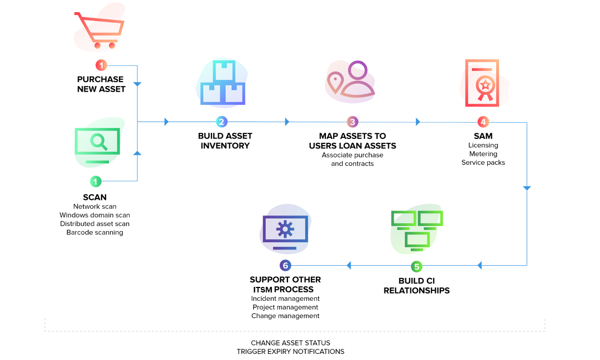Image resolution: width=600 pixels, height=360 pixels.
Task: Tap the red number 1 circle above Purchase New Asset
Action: pos(101,65)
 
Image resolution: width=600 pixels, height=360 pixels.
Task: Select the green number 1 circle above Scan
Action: pos(96,181)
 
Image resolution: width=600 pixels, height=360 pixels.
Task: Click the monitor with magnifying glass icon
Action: pos(98,143)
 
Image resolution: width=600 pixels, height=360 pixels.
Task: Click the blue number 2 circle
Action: pos(222,122)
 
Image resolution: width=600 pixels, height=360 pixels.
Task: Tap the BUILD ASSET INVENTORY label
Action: pos(225,141)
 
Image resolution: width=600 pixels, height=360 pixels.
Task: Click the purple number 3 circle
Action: pos(352,122)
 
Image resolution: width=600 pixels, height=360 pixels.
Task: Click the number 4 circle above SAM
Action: pos(483,122)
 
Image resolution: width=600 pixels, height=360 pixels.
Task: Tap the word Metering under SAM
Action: pos(483,154)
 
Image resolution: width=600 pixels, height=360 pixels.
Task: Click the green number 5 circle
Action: pos(417,266)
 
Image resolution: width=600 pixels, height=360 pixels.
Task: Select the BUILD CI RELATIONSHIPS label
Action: pos(416,286)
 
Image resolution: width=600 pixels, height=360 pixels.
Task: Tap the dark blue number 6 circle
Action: pos(285,266)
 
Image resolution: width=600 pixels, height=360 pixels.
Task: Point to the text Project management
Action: pos(285,307)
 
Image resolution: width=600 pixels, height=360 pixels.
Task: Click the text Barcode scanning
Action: pos(95,232)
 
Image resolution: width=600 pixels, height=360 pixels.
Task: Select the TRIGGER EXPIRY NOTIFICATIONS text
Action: pos(290,352)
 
